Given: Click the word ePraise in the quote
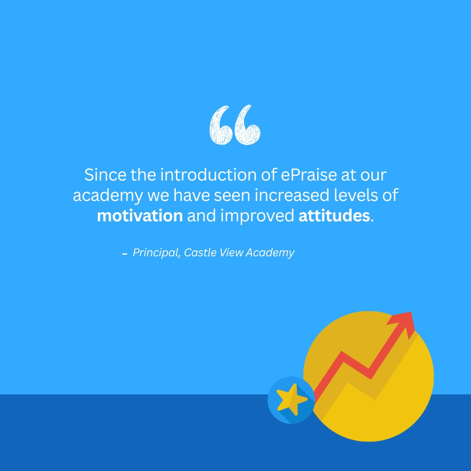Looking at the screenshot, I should pos(309,175).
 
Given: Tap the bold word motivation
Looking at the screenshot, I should pos(140,216).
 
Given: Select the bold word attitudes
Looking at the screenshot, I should pos(334,216).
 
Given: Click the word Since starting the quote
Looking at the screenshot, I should pos(106,175).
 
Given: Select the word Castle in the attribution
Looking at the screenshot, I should pos(199,252).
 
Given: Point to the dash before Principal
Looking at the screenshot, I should pos(125,254).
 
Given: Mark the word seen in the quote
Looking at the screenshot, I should pos(232,195).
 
